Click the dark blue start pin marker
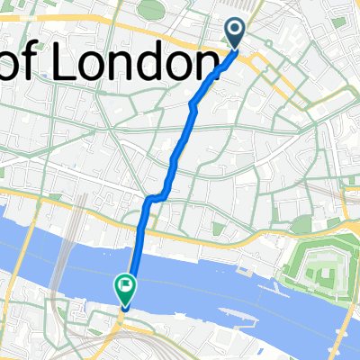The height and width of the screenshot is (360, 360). pos(235,34)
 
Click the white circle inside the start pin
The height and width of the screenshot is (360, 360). pos(235,31)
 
